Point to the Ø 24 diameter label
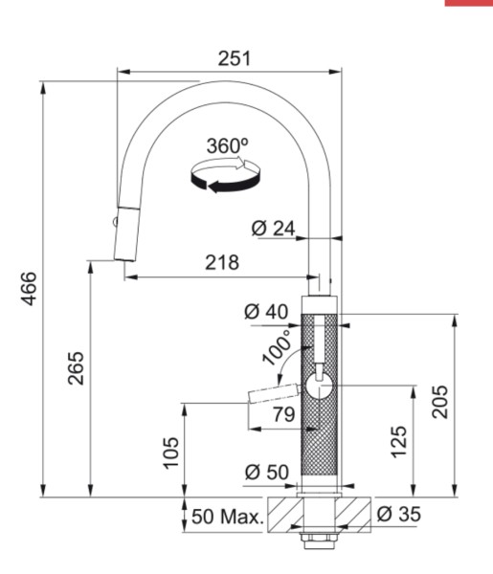pyautogui.click(x=273, y=229)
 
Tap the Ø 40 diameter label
pyautogui.click(x=265, y=311)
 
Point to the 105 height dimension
pyautogui.click(x=170, y=451)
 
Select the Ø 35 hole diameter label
pyautogui.click(x=398, y=515)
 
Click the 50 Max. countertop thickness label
pyautogui.click(x=226, y=518)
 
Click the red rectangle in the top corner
pyautogui.click(x=468, y=3)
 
